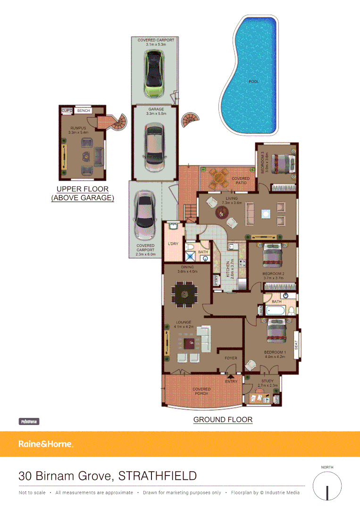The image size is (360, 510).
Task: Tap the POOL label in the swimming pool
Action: (x=254, y=82)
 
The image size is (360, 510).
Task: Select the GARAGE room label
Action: (x=156, y=110)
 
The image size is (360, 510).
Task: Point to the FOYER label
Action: (x=231, y=358)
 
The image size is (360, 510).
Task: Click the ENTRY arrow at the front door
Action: (x=231, y=376)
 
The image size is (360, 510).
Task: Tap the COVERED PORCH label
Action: (x=201, y=391)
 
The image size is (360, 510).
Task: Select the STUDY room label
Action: (x=267, y=381)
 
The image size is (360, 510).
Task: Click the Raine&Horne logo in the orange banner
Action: (x=46, y=444)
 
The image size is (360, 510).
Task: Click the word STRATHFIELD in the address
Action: (x=157, y=476)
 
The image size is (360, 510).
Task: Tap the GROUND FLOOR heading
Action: (x=223, y=419)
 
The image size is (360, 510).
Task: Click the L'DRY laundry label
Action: (x=173, y=244)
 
